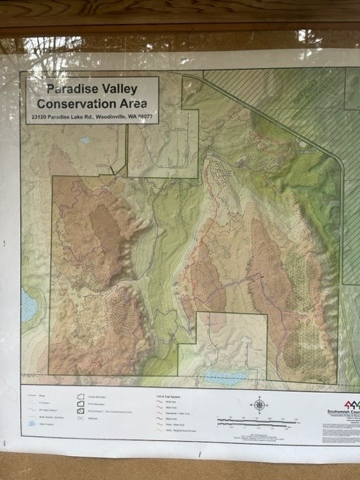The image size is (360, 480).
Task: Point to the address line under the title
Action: pyautogui.click(x=91, y=117)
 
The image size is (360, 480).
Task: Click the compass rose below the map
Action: pyautogui.click(x=259, y=405)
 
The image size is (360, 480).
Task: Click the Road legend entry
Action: pyautogui.click(x=32, y=393)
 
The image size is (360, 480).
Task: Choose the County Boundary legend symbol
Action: pyautogui.click(x=81, y=393)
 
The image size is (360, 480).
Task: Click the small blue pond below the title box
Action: pyautogui.click(x=85, y=139)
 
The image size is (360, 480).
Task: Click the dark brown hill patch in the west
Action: pyautogui.click(x=105, y=229)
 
